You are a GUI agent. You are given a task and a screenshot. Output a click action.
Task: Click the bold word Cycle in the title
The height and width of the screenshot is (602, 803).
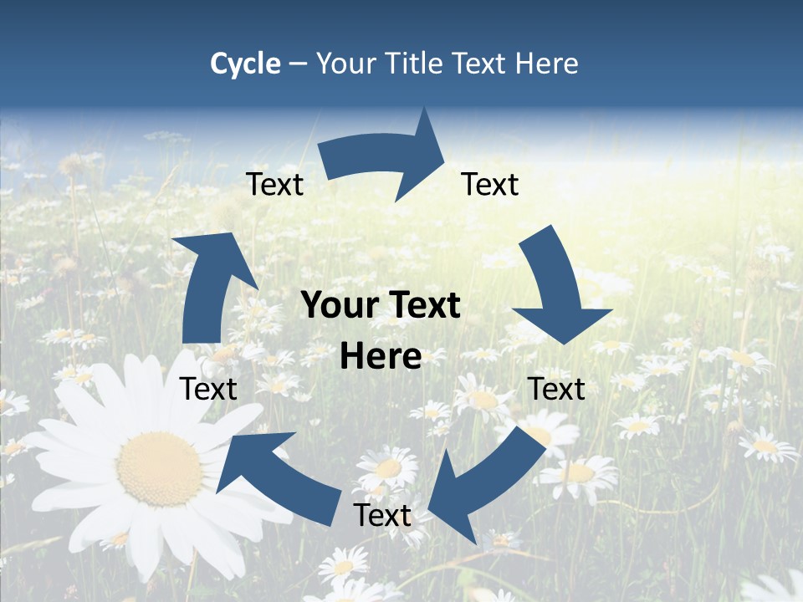click(245, 64)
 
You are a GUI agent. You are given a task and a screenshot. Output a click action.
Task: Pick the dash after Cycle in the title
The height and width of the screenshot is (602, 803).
click(298, 64)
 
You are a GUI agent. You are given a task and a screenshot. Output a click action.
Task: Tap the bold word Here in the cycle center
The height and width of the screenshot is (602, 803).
click(381, 357)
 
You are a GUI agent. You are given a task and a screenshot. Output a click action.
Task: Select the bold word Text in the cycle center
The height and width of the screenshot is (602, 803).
click(419, 306)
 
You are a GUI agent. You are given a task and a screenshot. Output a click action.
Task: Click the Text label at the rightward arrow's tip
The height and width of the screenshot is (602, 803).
click(490, 184)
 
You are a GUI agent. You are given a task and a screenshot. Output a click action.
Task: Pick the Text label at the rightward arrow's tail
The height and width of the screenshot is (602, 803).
click(274, 184)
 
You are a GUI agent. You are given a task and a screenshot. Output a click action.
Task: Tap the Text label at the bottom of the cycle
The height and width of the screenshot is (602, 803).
click(382, 516)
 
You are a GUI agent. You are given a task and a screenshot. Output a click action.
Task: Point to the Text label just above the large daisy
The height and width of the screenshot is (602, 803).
click(208, 389)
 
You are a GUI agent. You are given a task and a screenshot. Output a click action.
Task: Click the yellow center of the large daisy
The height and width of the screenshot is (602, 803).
click(159, 468)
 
